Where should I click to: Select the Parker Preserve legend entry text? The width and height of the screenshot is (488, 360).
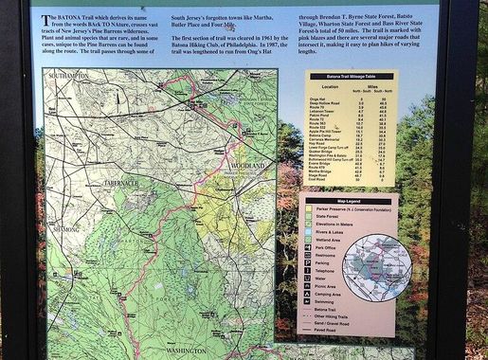pos(353,210)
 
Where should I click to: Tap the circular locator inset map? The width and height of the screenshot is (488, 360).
pos(376,268)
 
